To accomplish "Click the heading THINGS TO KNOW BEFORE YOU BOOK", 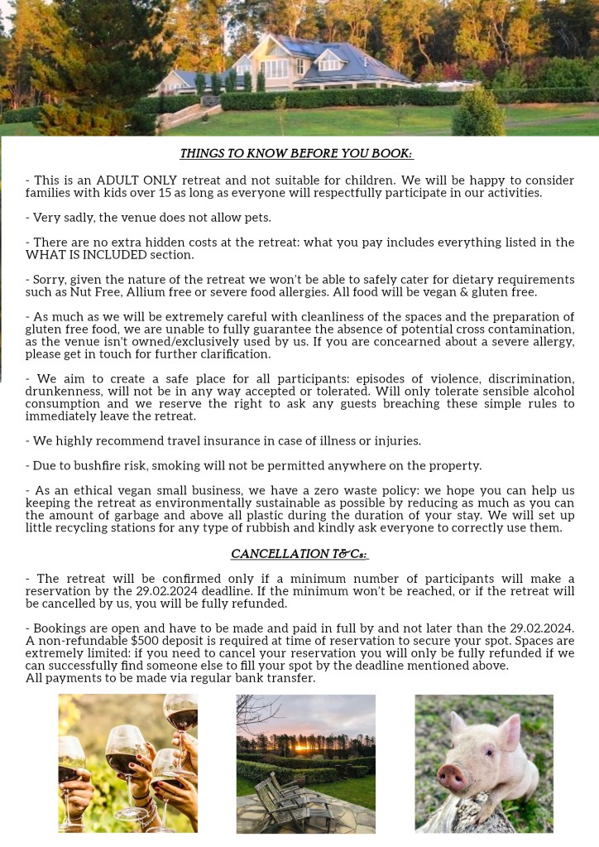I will tap(297, 154).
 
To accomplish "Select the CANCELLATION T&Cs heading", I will tap(299, 553).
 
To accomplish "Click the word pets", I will tap(256, 218).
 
